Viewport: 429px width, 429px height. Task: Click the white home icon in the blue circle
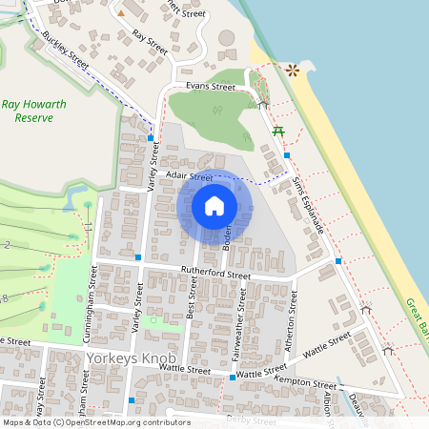[214, 205]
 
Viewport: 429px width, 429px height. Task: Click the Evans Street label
[210, 87]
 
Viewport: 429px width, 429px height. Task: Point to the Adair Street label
[188, 176]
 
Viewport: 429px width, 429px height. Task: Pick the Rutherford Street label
[214, 275]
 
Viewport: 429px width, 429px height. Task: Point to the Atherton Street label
[294, 315]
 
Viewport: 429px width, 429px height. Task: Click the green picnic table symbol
[278, 131]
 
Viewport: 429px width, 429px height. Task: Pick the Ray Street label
[151, 40]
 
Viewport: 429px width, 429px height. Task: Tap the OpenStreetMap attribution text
[95, 422]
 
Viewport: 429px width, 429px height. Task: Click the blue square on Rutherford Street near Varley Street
[138, 257]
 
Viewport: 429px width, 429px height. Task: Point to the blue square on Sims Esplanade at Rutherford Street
[338, 260]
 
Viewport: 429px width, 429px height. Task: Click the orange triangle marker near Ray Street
[120, 14]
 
